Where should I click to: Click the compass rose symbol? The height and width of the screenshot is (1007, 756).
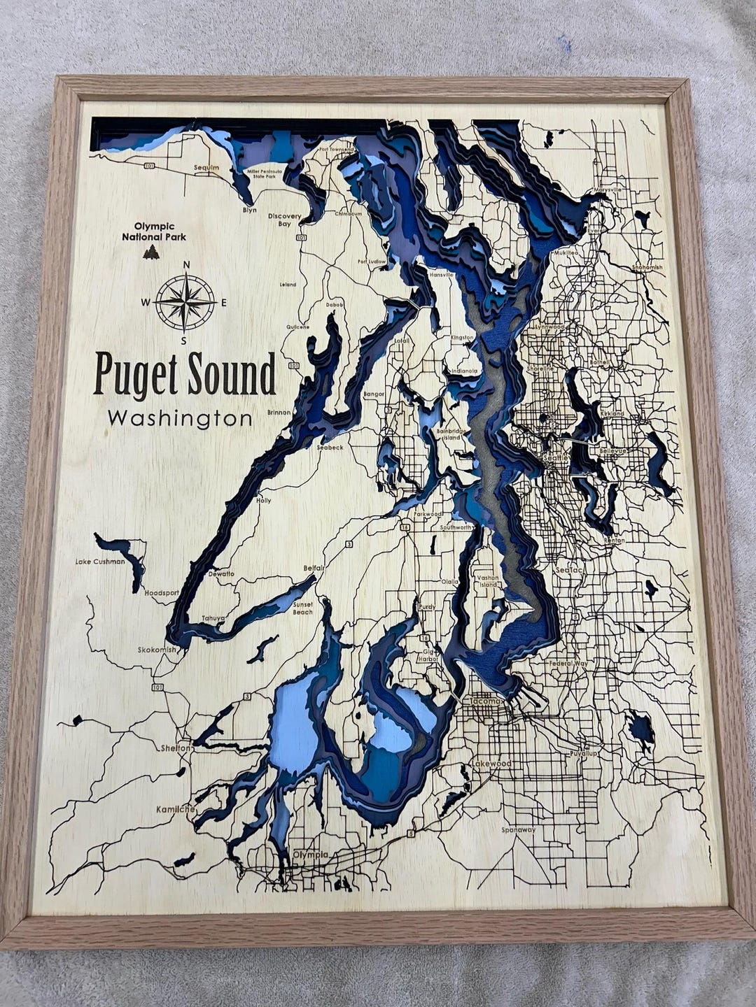185,303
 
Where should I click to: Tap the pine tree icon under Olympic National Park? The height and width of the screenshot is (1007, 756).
150,252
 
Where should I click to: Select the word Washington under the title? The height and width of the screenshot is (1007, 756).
180,419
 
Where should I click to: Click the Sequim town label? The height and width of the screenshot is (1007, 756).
206,168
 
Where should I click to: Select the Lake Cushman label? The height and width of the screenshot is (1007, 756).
101,561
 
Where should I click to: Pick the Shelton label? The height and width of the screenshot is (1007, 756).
176,748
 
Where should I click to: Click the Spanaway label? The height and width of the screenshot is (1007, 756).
518,830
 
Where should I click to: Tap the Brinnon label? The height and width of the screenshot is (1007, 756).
278,413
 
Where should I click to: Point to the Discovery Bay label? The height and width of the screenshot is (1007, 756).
284,220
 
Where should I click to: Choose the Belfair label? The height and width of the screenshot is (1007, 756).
313,569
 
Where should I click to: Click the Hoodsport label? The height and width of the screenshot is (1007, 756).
162,592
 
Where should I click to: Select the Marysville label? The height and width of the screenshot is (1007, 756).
607,190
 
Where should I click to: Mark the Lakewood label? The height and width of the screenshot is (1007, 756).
491,764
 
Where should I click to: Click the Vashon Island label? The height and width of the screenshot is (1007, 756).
486,581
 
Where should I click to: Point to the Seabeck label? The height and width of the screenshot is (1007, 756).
330,447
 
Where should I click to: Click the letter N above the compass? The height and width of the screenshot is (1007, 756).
186,264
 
